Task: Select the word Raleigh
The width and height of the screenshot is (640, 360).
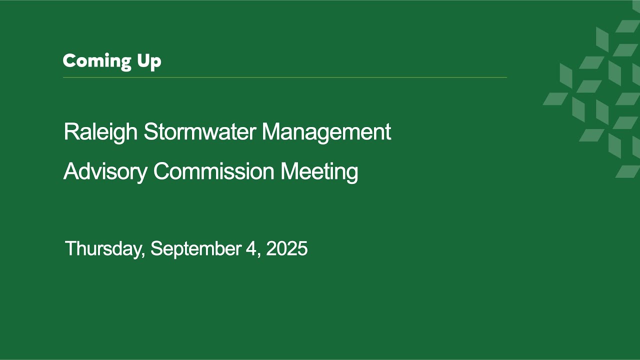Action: [100, 132]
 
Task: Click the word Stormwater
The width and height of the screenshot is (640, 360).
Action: [200, 132]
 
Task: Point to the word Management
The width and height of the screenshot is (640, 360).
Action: [326, 132]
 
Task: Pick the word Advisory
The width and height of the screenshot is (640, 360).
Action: [105, 172]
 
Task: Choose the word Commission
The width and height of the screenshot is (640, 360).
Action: [214, 172]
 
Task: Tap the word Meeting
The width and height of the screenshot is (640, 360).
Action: [319, 172]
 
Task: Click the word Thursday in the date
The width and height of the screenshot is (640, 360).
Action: [104, 249]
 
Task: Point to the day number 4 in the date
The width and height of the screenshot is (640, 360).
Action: [251, 248]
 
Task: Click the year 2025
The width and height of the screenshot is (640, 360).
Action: [286, 248]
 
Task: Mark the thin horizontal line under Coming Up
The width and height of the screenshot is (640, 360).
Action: [285, 77]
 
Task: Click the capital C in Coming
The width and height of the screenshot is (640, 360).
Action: [69, 61]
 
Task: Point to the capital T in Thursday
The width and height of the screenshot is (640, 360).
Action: [70, 248]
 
